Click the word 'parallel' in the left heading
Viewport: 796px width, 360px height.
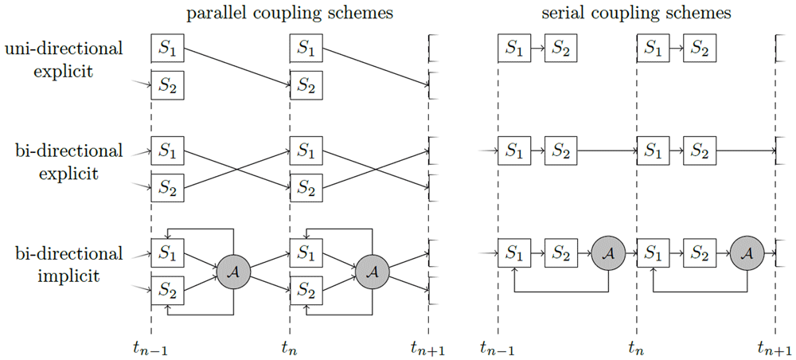(x=211, y=14)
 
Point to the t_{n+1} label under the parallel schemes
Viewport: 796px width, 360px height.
(x=428, y=349)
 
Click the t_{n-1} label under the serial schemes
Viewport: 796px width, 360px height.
(x=497, y=349)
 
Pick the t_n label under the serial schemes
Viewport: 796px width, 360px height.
(x=636, y=349)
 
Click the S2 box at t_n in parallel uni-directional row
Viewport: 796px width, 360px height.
(x=306, y=85)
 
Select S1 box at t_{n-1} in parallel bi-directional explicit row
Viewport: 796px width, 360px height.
(x=167, y=151)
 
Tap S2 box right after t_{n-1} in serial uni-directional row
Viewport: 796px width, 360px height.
(x=560, y=49)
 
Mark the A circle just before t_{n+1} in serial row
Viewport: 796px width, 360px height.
(x=747, y=252)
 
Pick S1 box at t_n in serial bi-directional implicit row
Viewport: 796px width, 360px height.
(x=653, y=252)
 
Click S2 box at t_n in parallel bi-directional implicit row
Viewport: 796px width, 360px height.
(x=306, y=289)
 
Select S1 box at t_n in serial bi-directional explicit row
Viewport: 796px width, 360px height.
(x=653, y=151)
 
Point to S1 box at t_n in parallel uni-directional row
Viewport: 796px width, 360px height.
(x=306, y=49)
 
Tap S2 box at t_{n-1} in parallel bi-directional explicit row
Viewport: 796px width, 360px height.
(x=167, y=187)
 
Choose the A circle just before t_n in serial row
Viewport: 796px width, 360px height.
(x=608, y=252)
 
